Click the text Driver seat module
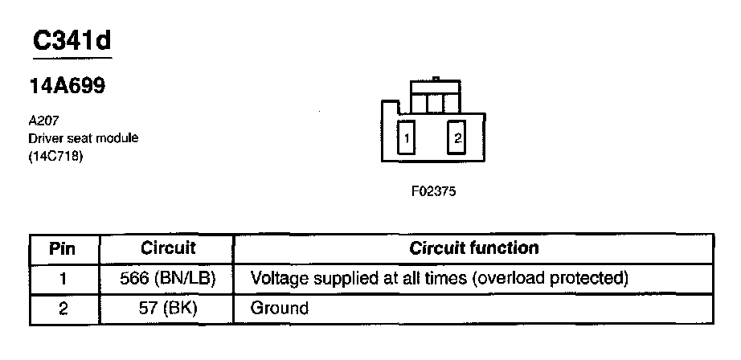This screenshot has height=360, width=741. pos(83,138)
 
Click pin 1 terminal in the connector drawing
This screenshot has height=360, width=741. pos(407,138)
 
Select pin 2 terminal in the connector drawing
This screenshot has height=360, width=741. pos(457,138)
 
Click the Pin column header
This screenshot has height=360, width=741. pos(63,247)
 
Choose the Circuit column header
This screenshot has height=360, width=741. pos(168,247)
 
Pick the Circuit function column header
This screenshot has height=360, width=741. pos(473,247)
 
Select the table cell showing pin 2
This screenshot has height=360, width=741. pos(63,308)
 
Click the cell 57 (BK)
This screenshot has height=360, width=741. pos(168,308)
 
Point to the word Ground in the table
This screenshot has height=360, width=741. pos(280,308)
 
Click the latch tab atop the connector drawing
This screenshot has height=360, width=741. pos(434,80)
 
